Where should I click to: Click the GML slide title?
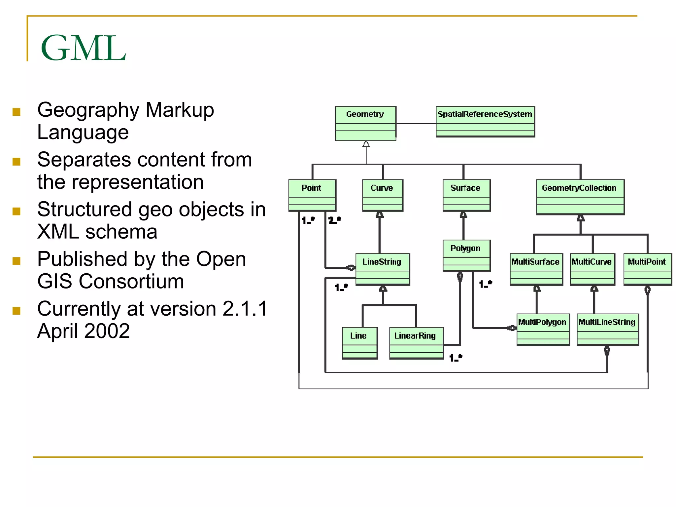coord(83,48)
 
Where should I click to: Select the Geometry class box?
coord(365,123)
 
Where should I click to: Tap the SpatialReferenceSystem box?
coord(485,121)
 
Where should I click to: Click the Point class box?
coord(312,195)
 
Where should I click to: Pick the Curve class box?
coord(382,195)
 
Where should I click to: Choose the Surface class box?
coord(466,195)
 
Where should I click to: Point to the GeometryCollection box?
coord(580,197)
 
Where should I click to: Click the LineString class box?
coord(383,269)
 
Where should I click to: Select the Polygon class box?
coord(466,255)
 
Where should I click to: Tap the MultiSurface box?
coord(536,269)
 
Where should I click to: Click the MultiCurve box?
coord(592,269)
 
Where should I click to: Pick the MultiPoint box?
coord(647,269)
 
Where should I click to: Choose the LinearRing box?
coord(416,343)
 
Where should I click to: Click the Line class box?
coord(359,343)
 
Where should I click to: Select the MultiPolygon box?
coord(543,329)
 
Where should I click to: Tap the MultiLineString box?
coord(607,329)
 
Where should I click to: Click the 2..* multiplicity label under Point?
coord(335,220)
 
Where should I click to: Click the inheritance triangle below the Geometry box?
coord(366,144)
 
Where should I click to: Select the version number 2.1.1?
coord(244,309)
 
